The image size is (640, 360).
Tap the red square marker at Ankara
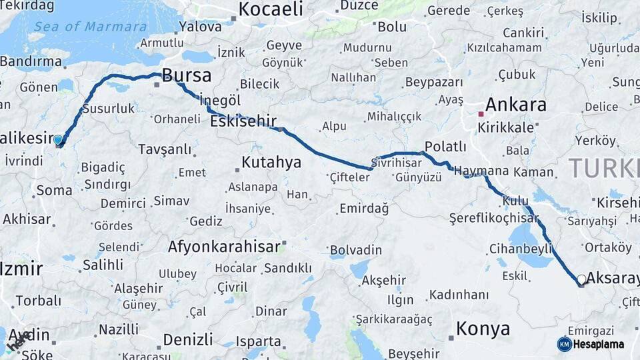coord(481,114)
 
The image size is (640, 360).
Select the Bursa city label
coord(187,75)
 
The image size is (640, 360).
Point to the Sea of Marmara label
coord(90,27)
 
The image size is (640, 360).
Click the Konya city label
coord(483,328)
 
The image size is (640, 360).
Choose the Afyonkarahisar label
coord(224,247)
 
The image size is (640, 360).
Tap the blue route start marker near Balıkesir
coord(58,140)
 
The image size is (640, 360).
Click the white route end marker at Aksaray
coord(581,279)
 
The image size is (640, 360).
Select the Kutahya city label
coord(271,162)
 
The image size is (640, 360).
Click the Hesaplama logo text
coord(599,344)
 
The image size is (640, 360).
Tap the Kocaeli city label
coord(271,9)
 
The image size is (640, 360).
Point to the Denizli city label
coord(187,339)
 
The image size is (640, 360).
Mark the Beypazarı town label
coord(433,82)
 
